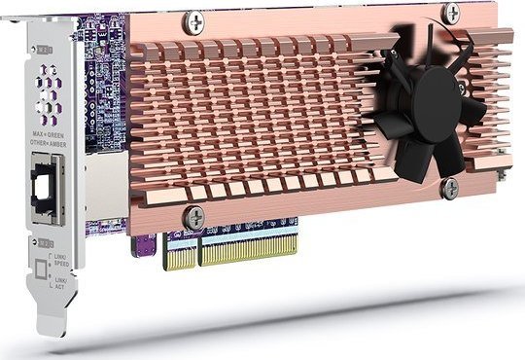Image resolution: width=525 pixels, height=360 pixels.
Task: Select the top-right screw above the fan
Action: pyautogui.click(x=451, y=13)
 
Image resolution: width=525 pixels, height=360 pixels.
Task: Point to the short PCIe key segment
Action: pyautogui.click(x=180, y=256)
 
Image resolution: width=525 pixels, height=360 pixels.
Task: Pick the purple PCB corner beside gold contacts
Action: pyautogui.click(x=144, y=250)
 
